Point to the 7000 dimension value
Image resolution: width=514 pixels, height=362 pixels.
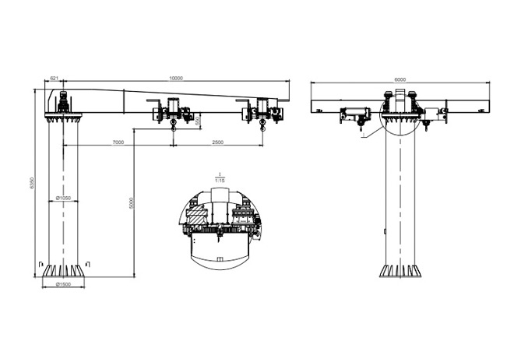point(118,142)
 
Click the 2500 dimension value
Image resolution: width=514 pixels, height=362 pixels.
point(218,142)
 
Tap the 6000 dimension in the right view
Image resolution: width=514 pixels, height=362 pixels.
point(400,79)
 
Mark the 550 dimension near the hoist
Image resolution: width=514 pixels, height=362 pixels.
point(199,120)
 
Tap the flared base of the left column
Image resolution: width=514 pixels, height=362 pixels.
point(64,270)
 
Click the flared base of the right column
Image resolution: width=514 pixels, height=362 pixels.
point(400,270)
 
